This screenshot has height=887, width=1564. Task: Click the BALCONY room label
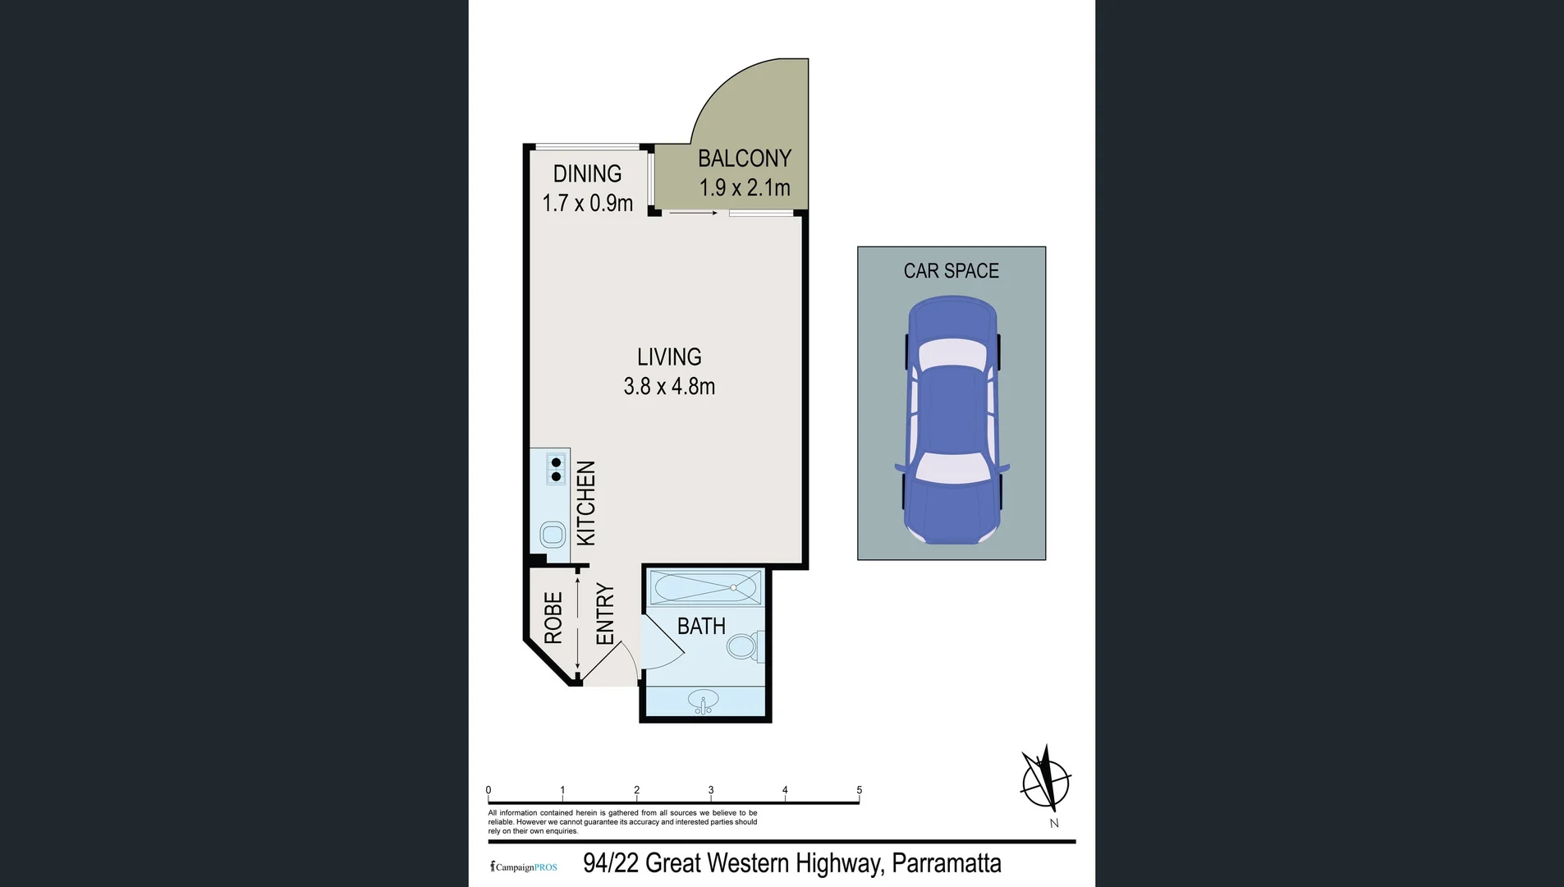pyautogui.click(x=744, y=158)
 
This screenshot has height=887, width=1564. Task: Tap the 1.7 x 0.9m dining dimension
pyautogui.click(x=587, y=203)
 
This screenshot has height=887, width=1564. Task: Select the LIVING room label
pyautogui.click(x=669, y=357)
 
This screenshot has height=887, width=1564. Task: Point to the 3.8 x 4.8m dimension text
pyautogui.click(x=669, y=386)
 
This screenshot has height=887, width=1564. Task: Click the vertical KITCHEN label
pyautogui.click(x=585, y=503)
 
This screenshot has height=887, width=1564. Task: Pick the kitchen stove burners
pyautogui.click(x=556, y=469)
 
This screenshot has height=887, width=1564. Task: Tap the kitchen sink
pyautogui.click(x=553, y=535)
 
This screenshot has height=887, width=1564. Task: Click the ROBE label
pyautogui.click(x=553, y=618)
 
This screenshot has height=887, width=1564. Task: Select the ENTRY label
pyautogui.click(x=605, y=614)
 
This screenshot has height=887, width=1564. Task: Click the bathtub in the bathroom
pyautogui.click(x=705, y=588)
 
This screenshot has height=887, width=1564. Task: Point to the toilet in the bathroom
pyautogui.click(x=744, y=646)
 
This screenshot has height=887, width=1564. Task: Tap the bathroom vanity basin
pyautogui.click(x=704, y=703)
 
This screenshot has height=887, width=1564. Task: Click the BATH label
pyautogui.click(x=701, y=627)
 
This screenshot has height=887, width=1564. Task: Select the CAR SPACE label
pyautogui.click(x=951, y=271)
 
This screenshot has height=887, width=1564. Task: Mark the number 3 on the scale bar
pyautogui.click(x=711, y=790)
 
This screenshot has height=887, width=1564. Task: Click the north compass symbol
pyautogui.click(x=1045, y=781)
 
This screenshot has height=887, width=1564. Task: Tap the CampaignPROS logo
pyautogui.click(x=524, y=866)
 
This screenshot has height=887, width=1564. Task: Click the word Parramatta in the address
pyautogui.click(x=946, y=863)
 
